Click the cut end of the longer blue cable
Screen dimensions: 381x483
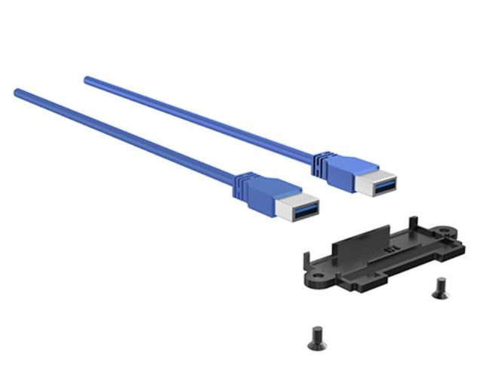click(17, 93)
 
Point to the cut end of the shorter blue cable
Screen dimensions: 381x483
click(87, 78)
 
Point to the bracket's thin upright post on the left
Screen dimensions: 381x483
click(304, 260)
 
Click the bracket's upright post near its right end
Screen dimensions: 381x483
click(412, 223)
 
